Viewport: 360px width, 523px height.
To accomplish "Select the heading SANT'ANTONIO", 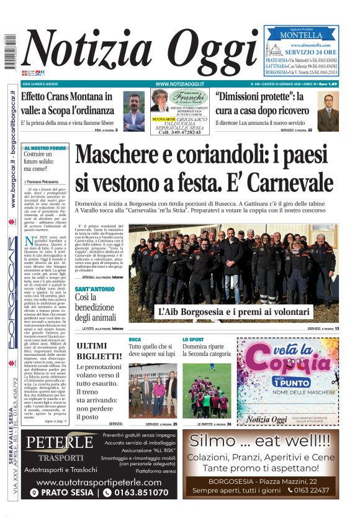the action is point(94,289).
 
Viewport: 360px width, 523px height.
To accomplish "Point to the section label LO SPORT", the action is point(193,339).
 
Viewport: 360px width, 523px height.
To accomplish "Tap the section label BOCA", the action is point(135,339).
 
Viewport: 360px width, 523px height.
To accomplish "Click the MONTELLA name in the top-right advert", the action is point(301,35).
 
